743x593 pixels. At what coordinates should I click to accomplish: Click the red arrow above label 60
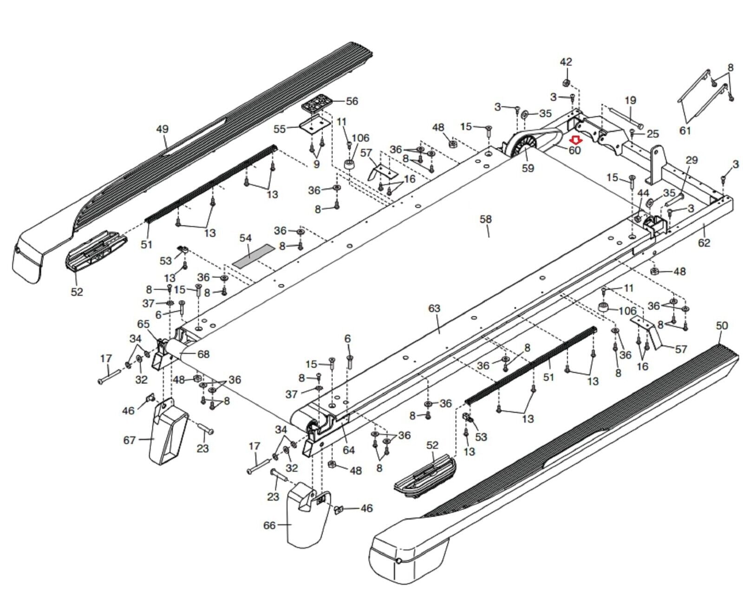576,140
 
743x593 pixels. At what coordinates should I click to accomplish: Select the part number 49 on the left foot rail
162,129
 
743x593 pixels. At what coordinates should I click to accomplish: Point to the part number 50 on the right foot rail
722,326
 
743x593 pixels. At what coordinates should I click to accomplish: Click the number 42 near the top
566,62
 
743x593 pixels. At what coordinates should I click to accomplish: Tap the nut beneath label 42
566,83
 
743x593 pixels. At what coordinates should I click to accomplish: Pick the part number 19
630,100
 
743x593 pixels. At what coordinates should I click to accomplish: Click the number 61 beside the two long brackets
685,130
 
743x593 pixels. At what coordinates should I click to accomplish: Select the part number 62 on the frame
704,242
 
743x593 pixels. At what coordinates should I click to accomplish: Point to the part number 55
280,129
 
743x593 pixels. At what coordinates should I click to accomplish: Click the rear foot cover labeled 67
167,432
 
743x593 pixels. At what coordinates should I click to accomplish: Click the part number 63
434,308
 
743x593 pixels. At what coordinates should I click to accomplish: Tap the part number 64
348,450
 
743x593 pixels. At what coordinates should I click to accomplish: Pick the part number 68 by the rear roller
203,354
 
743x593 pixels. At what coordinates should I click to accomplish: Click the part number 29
691,160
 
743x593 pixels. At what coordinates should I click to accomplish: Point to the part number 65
143,324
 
